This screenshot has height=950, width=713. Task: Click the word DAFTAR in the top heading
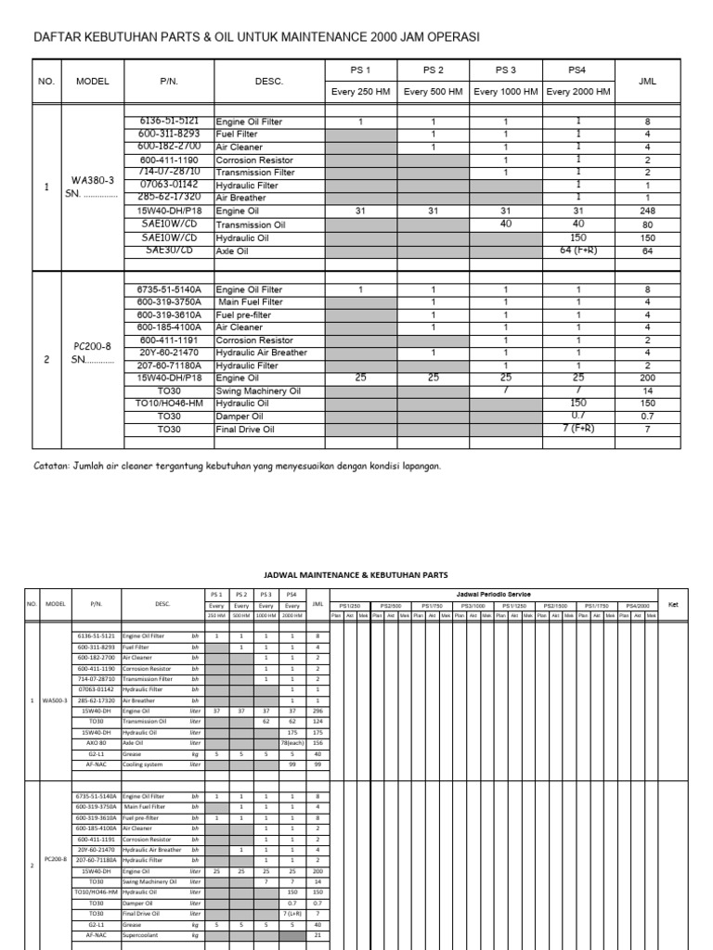(58, 37)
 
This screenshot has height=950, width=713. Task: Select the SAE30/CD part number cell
(169, 250)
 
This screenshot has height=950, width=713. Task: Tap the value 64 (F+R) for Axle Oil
(577, 250)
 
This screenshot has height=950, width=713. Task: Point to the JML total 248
(647, 212)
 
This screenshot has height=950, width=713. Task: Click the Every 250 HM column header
(360, 92)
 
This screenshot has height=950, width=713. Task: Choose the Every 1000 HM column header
(505, 92)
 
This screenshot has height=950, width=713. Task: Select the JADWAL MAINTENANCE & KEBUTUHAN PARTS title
(356, 574)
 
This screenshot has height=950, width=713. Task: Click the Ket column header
(674, 604)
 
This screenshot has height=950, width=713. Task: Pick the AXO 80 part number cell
(96, 742)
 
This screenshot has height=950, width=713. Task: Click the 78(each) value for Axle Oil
(292, 742)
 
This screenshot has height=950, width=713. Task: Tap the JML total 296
(318, 710)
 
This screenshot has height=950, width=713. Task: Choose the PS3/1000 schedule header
(473, 604)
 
